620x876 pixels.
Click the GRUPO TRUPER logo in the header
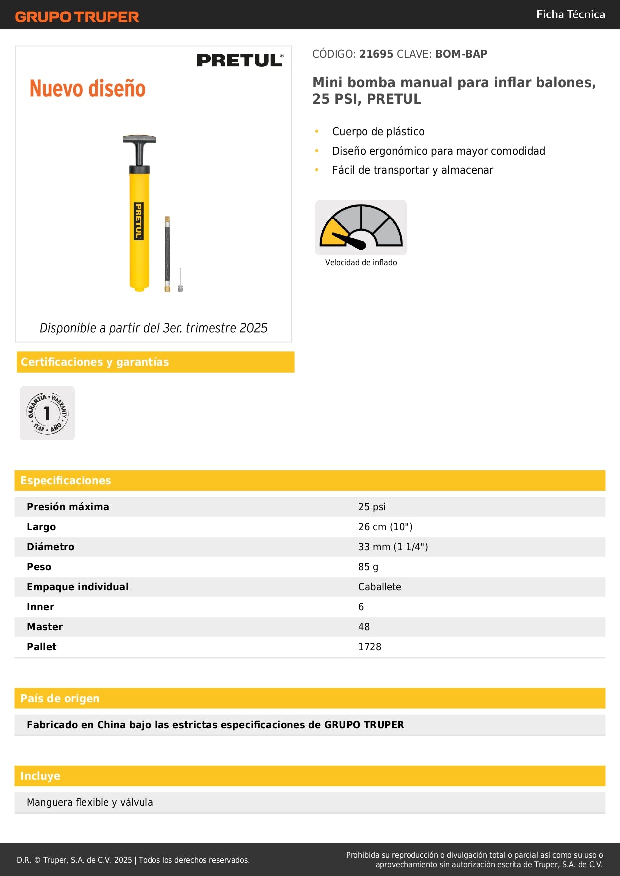pyautogui.click(x=77, y=17)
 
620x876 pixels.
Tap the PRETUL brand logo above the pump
pyautogui.click(x=240, y=60)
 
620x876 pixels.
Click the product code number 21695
pyautogui.click(x=376, y=54)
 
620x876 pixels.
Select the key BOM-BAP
pyautogui.click(x=461, y=54)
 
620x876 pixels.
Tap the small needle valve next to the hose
pyautogui.click(x=180, y=281)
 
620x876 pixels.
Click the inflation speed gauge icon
pyautogui.click(x=361, y=227)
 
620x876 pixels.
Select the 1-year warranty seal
pyautogui.click(x=47, y=413)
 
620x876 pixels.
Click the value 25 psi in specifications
pyautogui.click(x=372, y=507)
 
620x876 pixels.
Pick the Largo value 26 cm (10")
pyautogui.click(x=385, y=527)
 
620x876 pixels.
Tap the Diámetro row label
pyautogui.click(x=50, y=547)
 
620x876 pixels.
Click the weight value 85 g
pyautogui.click(x=368, y=567)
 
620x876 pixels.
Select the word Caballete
pyautogui.click(x=379, y=587)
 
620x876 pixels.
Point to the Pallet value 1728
pyautogui.click(x=369, y=647)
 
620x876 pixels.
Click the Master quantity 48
pyautogui.click(x=364, y=627)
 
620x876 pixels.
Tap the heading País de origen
pyautogui.click(x=60, y=698)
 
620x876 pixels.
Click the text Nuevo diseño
pyautogui.click(x=87, y=89)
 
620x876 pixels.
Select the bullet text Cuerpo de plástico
pyautogui.click(x=378, y=132)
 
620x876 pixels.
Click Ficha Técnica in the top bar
pyautogui.click(x=570, y=14)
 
